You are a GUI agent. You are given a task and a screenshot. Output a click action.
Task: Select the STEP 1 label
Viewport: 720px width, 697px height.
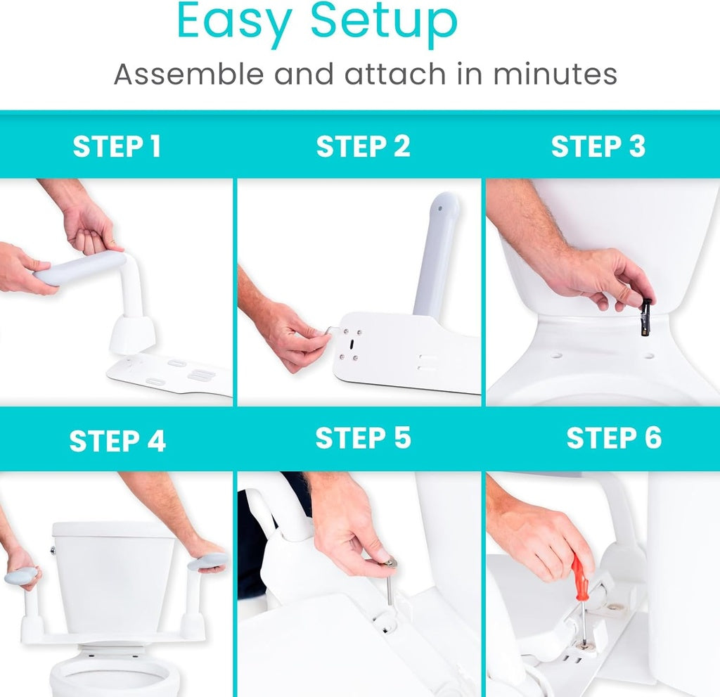point(117,147)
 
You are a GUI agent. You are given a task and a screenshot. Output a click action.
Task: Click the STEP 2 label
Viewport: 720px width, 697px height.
point(363,147)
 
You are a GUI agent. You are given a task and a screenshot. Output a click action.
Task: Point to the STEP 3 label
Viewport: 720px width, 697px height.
point(598,147)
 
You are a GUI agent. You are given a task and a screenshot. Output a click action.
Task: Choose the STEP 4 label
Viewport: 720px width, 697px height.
point(117,441)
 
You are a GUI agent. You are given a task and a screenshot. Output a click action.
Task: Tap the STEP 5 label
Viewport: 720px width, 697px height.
point(363,438)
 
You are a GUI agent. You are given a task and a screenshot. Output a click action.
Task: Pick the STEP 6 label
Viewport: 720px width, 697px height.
point(614,438)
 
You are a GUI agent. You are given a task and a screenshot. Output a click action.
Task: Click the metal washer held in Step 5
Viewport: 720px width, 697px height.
point(388,562)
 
